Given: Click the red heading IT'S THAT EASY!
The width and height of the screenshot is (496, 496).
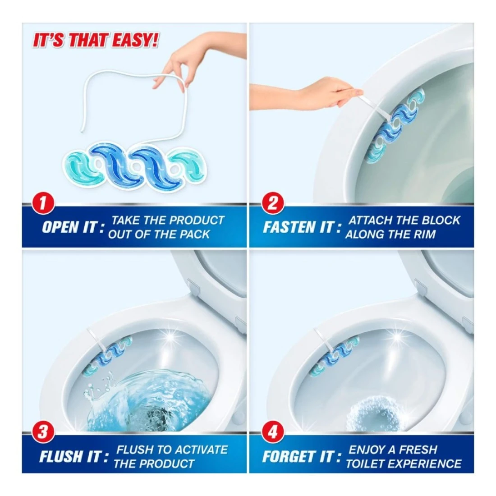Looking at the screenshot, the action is click(95, 41).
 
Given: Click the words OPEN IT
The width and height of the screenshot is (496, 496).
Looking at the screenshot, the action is click(73, 227).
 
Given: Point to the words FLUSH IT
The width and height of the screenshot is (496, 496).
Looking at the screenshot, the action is click(74, 456).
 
